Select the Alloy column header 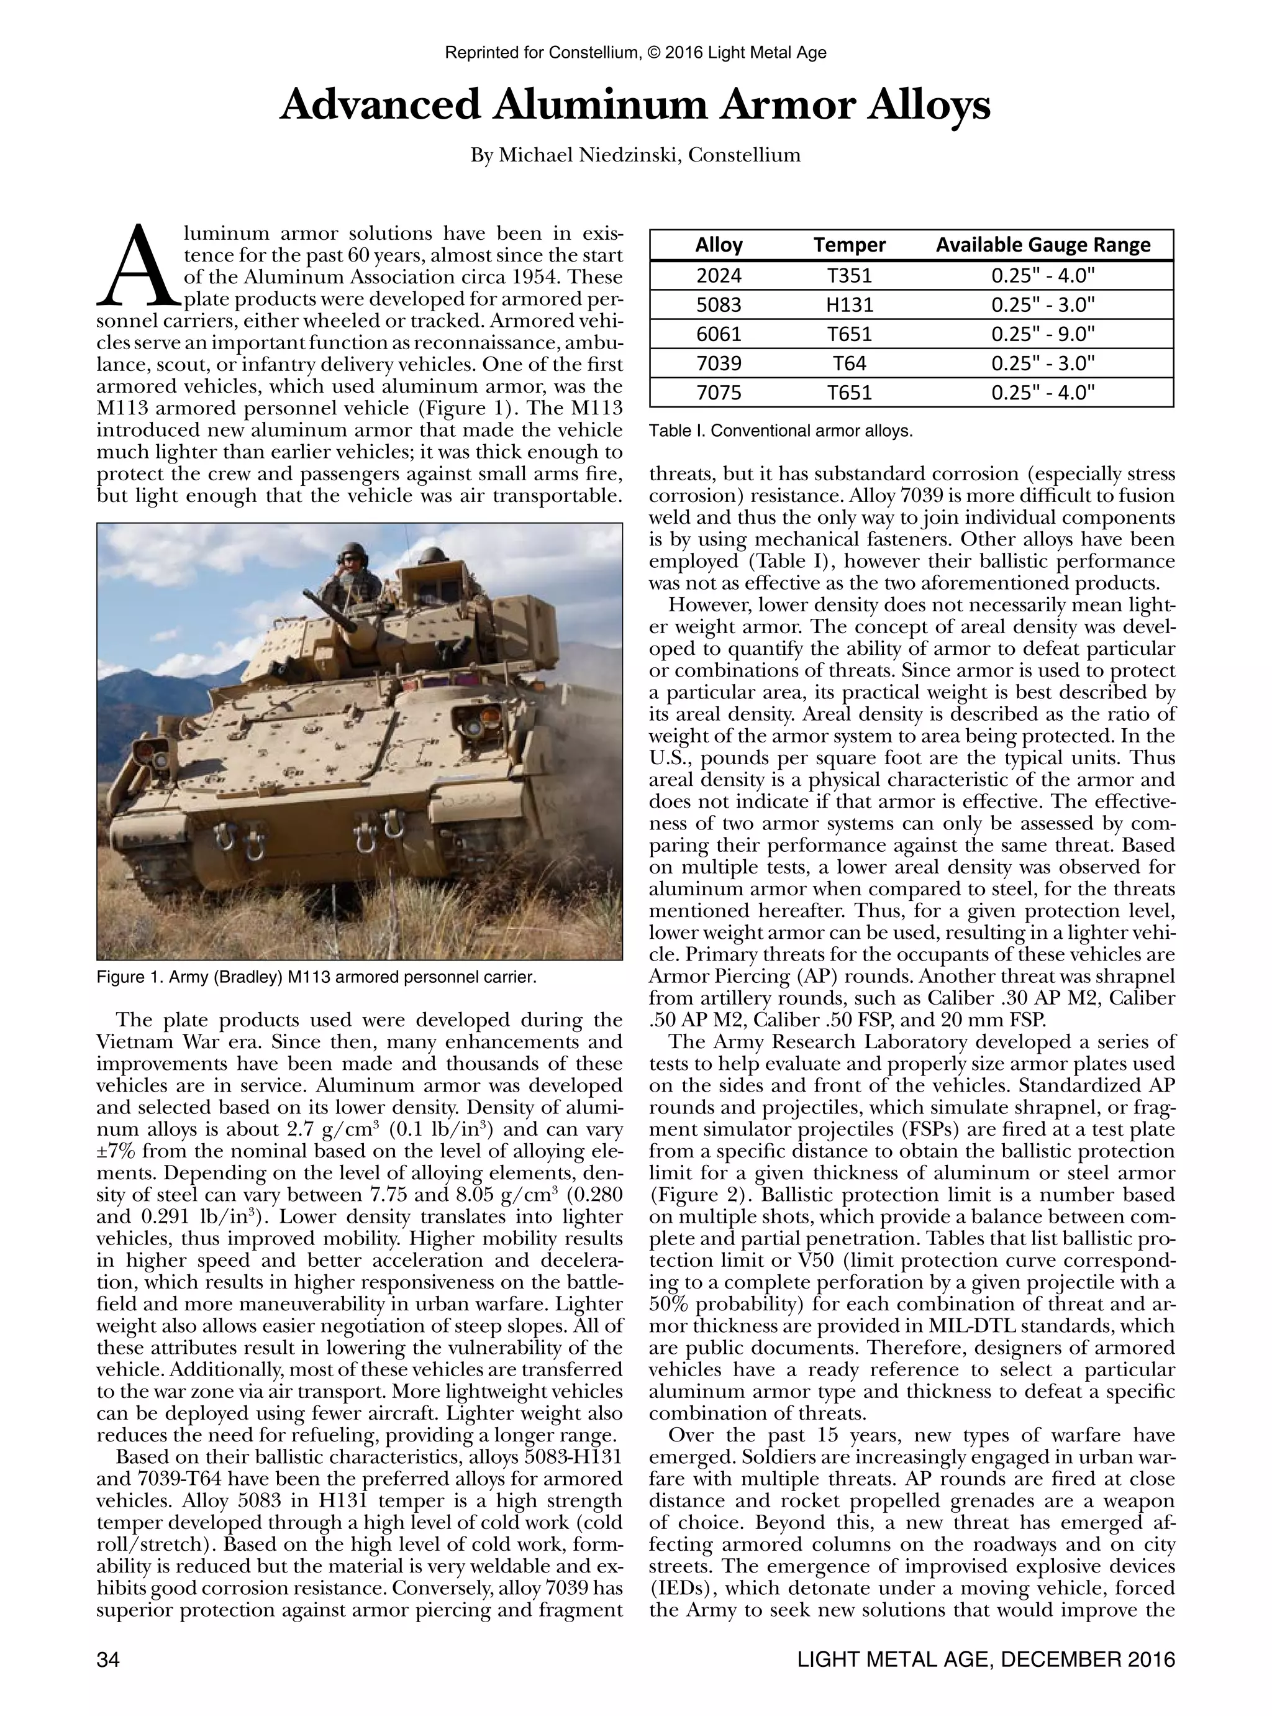point(719,245)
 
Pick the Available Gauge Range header point(1043,245)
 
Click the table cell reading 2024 point(719,275)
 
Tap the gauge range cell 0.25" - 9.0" point(1043,334)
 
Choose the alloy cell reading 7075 point(719,393)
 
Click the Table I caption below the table point(780,431)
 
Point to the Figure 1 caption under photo point(316,977)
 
